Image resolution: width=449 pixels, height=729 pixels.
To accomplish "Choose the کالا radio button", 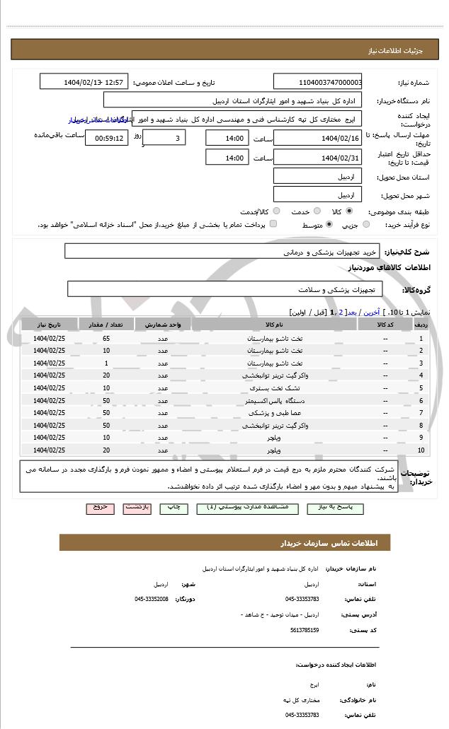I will [349, 211].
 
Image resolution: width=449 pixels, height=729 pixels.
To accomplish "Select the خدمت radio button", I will [317, 211].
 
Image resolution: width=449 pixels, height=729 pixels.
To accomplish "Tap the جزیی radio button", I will [366, 225].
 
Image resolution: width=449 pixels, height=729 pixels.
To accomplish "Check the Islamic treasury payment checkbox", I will [273, 224].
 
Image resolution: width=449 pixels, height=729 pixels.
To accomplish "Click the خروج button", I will [99, 508].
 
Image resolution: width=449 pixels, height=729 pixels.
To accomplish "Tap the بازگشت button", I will [136, 508].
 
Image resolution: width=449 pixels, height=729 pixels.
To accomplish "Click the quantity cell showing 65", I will [106, 338].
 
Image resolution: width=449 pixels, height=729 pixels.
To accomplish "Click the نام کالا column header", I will [273, 325].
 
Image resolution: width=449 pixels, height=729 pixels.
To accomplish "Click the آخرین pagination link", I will [370, 312].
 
